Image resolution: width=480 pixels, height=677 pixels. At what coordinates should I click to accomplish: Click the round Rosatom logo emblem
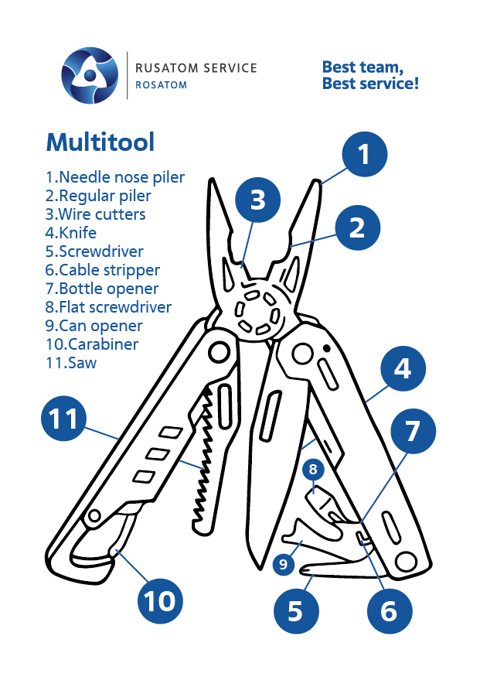coord(90,75)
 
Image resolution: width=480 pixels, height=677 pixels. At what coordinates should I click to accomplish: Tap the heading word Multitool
coord(100,142)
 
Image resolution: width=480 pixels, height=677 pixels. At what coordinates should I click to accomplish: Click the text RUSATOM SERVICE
coord(196,68)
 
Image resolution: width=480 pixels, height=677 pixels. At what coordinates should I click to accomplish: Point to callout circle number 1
coord(364,153)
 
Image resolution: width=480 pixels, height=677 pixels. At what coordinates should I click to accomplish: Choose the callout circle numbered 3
coord(258,200)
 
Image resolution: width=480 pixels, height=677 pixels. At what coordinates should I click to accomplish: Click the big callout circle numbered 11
coord(63,419)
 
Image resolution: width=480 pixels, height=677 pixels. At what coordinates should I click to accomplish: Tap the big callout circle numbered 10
coord(161,600)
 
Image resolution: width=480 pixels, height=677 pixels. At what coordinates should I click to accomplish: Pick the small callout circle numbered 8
coord(313,469)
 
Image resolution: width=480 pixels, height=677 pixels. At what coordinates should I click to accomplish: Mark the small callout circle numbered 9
coord(283,565)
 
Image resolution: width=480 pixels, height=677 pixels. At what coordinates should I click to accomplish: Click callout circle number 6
coord(388,610)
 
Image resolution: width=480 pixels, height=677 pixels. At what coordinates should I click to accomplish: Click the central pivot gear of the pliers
coord(256,313)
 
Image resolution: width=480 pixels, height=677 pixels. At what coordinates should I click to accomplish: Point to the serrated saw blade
coord(203,456)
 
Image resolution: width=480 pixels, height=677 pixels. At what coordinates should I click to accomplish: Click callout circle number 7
coord(412,431)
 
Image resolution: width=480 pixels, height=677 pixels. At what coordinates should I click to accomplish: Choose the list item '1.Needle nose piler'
coord(115,177)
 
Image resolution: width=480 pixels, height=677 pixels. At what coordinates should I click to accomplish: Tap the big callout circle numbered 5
coord(296,610)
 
